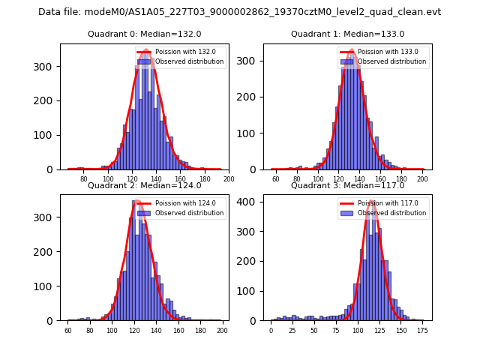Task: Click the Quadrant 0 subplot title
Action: click(x=144, y=34)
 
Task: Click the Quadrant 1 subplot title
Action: click(x=347, y=34)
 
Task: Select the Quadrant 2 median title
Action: click(x=144, y=185)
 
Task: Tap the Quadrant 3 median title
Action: click(x=347, y=185)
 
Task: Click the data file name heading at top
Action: click(x=240, y=12)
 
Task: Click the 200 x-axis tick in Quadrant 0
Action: click(x=229, y=180)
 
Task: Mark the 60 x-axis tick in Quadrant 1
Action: click(x=275, y=180)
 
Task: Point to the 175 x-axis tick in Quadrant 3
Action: click(x=422, y=331)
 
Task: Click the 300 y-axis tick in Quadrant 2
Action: click(x=49, y=217)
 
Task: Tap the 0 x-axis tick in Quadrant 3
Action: click(x=271, y=331)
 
